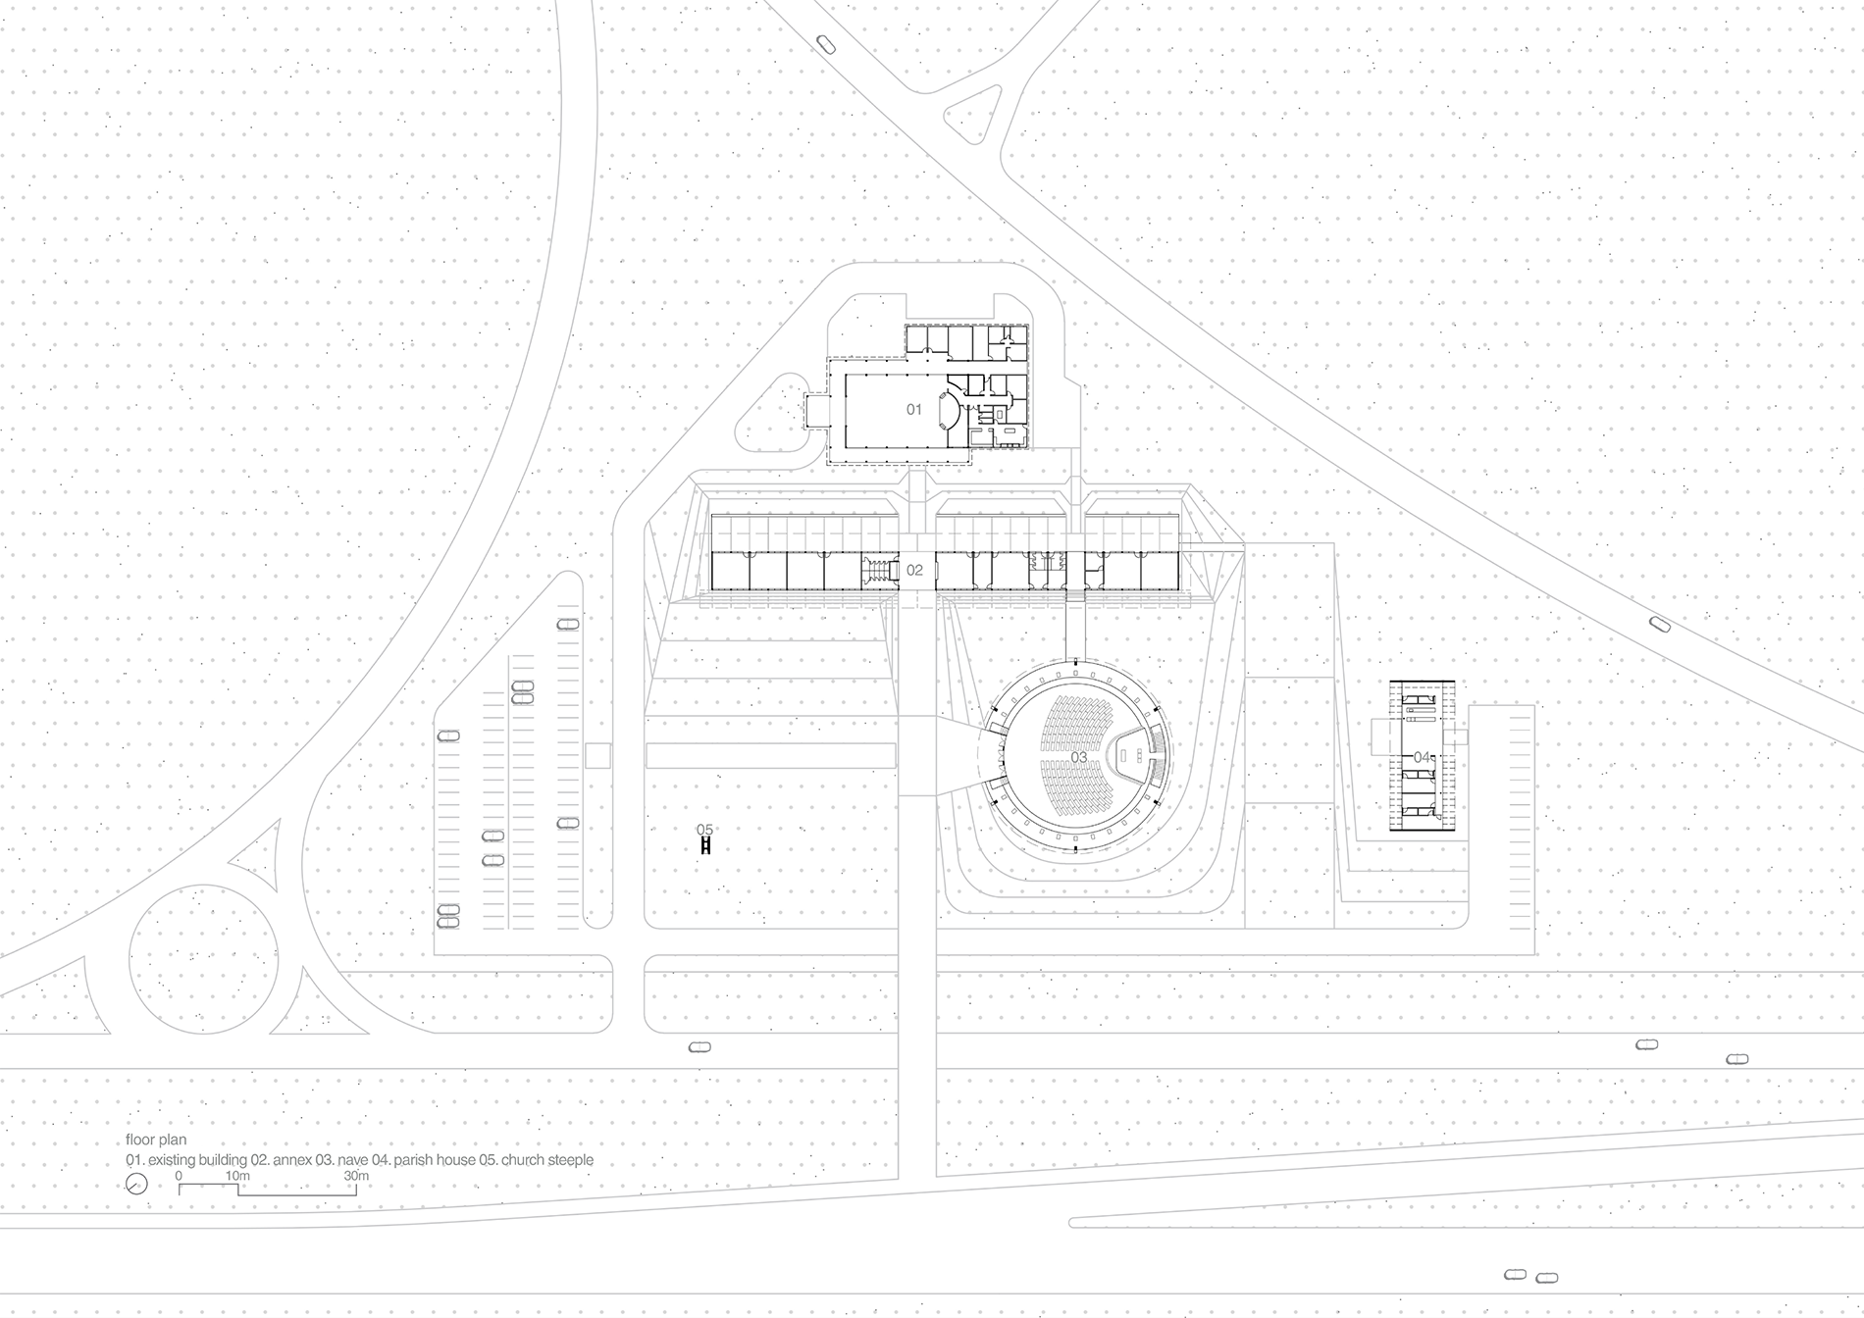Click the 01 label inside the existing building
[913, 409]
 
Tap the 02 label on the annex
[914, 570]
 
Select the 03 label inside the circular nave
[1078, 757]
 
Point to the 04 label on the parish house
[1422, 757]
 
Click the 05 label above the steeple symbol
[704, 830]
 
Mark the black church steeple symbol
[705, 845]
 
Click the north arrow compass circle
[136, 1185]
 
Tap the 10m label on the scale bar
[237, 1175]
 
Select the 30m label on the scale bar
[356, 1175]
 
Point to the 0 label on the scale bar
[179, 1175]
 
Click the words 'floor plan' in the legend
[156, 1141]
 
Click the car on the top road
[825, 43]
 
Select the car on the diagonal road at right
[1659, 624]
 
